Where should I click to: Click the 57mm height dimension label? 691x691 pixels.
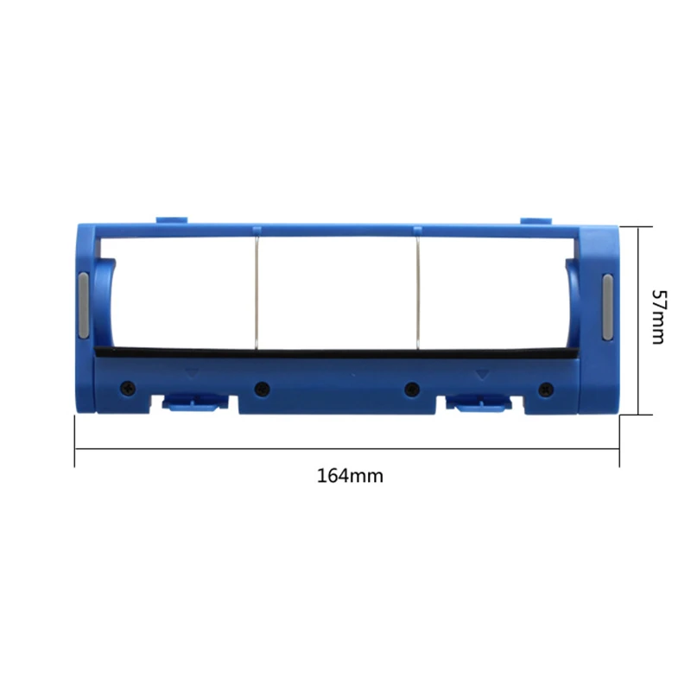click(x=657, y=316)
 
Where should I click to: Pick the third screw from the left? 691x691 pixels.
click(x=411, y=389)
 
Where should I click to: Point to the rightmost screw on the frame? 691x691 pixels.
click(x=544, y=389)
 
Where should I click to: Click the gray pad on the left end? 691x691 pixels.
click(x=84, y=307)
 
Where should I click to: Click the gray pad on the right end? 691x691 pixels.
click(x=606, y=307)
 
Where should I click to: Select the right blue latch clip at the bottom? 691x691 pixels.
click(x=479, y=401)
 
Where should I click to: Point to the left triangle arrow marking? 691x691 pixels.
click(x=192, y=373)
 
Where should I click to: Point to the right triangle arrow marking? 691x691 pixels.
click(x=480, y=373)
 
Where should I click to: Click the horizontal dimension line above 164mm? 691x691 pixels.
click(x=345, y=450)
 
